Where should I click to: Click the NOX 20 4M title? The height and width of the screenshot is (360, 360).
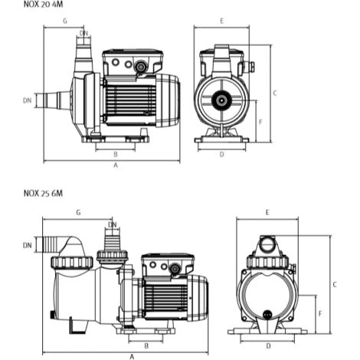pos(43,5)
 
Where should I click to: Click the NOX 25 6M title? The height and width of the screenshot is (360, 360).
pos(43,193)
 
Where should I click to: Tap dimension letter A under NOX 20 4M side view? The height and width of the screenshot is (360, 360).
pos(116,165)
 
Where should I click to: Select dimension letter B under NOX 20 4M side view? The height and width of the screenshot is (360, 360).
pos(116,154)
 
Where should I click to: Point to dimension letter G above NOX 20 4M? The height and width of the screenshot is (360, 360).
pos(65,21)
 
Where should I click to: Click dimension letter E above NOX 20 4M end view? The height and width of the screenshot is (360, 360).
pos(222,21)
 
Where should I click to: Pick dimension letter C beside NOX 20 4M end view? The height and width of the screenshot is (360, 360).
pos(275,93)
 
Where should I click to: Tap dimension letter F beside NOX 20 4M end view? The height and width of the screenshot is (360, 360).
pos(260,122)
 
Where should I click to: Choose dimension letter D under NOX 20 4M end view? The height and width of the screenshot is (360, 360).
pos(222,154)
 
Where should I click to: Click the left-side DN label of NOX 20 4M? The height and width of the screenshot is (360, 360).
pos(28,100)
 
